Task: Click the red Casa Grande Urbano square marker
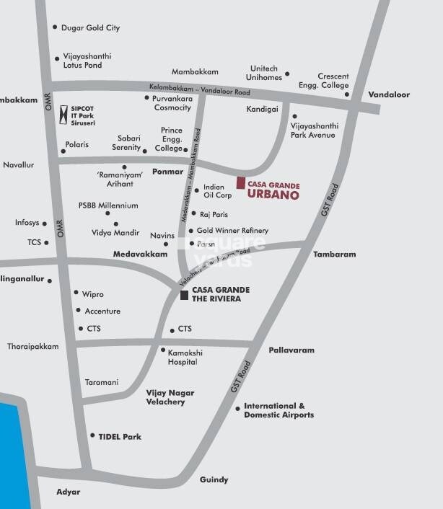pos(241,183)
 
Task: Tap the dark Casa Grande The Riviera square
pos(185,295)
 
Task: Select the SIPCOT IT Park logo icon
pos(64,113)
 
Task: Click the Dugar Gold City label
pos(92,28)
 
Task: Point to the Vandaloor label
pos(389,94)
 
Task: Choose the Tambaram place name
pos(335,254)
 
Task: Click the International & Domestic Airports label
pos(278,411)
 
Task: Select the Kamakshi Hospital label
pos(183,357)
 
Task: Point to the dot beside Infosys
pos(45,223)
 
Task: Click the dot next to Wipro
pos(76,293)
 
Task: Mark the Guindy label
pos(214,479)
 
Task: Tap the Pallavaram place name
pos(291,350)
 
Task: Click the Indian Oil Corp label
pos(217,191)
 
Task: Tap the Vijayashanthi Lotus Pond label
pos(87,61)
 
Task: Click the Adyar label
pos(69,492)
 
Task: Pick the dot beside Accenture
pos(78,311)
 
